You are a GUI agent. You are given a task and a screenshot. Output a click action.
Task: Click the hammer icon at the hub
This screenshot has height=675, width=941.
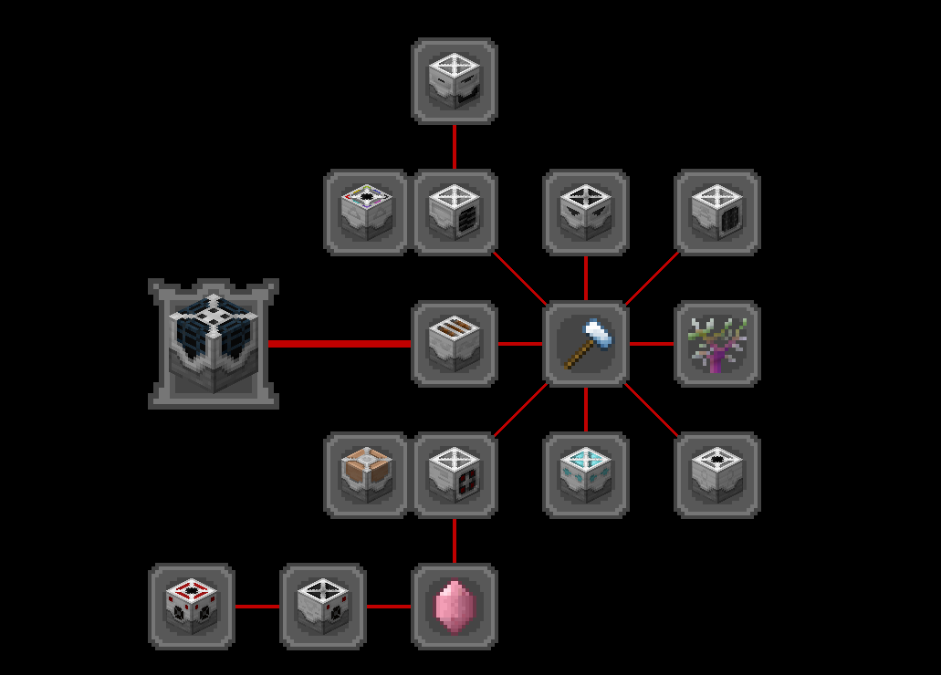[586, 344]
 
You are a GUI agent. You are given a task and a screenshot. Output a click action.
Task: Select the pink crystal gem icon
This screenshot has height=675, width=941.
[455, 607]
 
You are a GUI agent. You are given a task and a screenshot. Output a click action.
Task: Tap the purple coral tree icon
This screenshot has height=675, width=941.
[717, 344]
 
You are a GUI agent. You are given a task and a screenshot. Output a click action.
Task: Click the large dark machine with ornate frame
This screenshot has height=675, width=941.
[214, 344]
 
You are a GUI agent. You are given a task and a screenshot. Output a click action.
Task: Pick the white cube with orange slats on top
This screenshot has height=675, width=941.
[455, 344]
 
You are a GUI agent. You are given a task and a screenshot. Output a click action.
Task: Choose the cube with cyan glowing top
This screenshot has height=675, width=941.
[586, 475]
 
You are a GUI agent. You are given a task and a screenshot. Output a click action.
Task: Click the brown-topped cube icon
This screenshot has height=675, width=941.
[367, 475]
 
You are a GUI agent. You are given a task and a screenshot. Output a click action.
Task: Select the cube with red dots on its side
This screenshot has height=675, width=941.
[455, 475]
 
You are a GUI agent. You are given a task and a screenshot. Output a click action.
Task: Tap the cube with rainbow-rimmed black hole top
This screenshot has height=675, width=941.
[367, 213]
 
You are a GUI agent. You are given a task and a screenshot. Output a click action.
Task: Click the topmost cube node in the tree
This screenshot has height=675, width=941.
[455, 81]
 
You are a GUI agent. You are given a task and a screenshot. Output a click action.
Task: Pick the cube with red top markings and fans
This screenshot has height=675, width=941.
[192, 607]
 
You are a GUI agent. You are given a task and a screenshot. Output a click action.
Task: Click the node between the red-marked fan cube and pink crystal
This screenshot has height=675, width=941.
[323, 607]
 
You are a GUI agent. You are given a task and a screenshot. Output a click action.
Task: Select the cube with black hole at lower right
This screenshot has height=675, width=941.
[717, 475]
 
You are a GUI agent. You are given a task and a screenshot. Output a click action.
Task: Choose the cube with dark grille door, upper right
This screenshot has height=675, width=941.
[717, 213]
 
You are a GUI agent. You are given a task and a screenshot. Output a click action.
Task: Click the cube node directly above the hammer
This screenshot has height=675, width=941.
[586, 213]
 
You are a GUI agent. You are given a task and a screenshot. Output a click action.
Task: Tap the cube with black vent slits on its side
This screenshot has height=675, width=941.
[455, 213]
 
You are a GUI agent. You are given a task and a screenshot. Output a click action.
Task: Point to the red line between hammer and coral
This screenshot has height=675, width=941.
[652, 344]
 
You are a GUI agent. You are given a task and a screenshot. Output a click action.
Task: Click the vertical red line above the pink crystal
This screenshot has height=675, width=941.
[455, 540]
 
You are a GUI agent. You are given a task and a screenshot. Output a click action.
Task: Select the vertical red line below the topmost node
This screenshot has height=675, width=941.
[455, 146]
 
